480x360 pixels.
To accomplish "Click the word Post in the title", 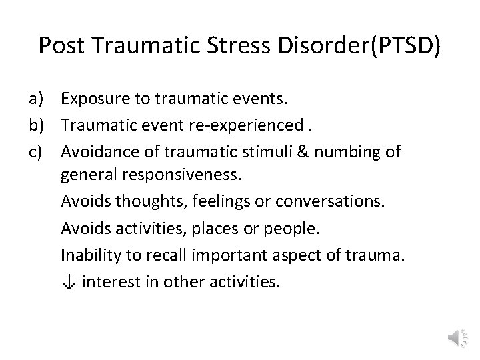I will [63, 45].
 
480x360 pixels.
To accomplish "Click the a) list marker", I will [37, 99].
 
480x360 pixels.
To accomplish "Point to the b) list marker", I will [37, 125].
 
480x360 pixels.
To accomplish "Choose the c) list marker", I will [37, 151].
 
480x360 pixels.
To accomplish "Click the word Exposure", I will [93, 99].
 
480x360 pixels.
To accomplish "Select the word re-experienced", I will [231, 125].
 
